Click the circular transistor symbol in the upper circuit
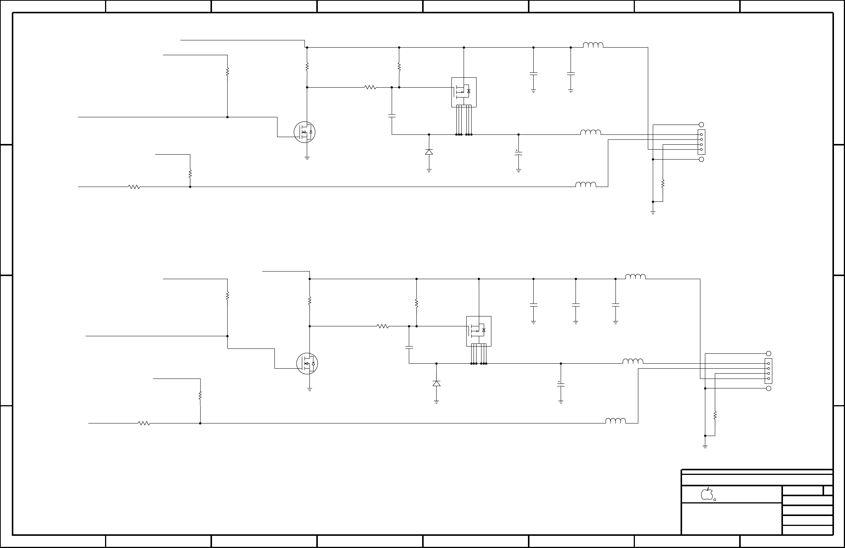(305, 132)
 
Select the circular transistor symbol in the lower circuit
(307, 363)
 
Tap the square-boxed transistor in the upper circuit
(464, 92)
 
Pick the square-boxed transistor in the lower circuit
(478, 331)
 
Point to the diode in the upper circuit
(429, 152)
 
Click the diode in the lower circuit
(437, 383)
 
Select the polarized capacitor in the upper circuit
(518, 153)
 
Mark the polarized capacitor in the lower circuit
(561, 385)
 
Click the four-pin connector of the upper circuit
(701, 142)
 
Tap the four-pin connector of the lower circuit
(768, 371)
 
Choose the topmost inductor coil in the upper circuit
(593, 45)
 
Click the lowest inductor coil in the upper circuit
(586, 185)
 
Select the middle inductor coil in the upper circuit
(591, 132)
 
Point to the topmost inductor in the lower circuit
(635, 276)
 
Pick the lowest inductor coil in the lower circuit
(615, 421)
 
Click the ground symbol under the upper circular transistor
(307, 157)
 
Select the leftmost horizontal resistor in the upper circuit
(134, 187)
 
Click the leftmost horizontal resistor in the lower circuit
(144, 423)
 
